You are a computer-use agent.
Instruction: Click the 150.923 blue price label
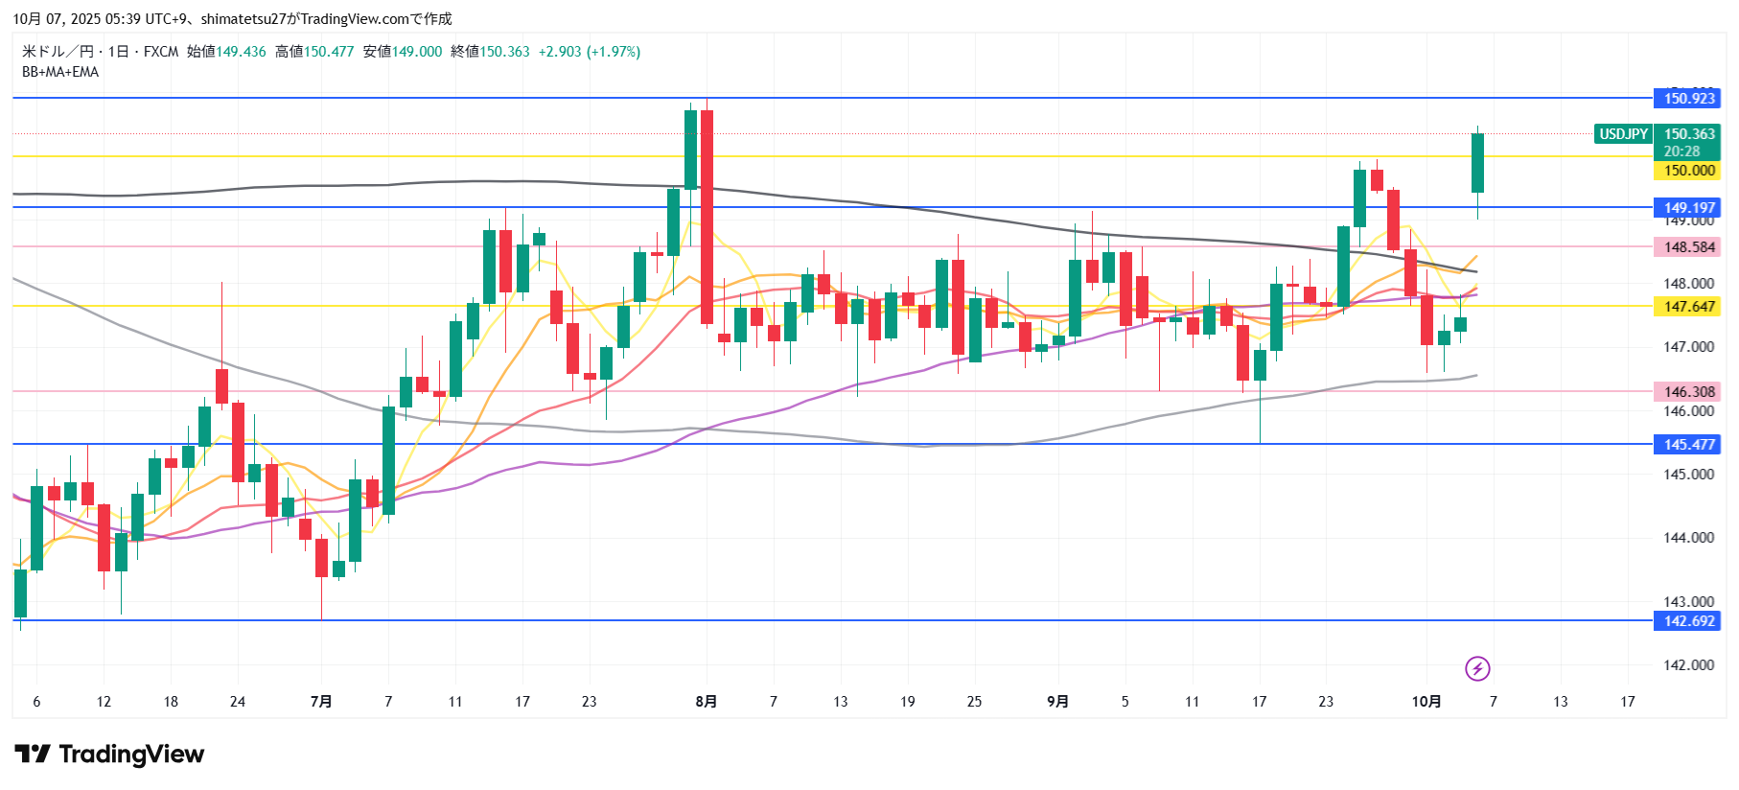1687,99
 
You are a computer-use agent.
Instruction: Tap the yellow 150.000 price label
1687,171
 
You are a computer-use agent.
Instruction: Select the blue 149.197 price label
1687,208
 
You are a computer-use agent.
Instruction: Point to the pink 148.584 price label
1687,247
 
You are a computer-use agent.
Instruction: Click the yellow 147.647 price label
1687,307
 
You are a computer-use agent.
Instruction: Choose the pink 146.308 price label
1687,392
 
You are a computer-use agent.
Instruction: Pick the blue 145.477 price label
1687,445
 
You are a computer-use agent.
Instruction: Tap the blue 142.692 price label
1687,621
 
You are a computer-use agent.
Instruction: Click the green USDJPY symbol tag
1623,134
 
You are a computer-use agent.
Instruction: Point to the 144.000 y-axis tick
1688,538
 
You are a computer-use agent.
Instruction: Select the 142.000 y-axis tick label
1688,665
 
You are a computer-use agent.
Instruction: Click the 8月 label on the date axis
706,702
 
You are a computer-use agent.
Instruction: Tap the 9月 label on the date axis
1057,702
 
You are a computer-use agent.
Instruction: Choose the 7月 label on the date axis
321,702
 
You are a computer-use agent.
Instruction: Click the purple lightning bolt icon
1477,668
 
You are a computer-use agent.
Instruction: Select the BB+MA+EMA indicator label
60,72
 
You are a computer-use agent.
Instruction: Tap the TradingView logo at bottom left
109,755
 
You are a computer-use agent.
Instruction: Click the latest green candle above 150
1477,163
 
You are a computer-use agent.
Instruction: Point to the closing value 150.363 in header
504,52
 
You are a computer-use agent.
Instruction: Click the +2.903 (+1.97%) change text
590,52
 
